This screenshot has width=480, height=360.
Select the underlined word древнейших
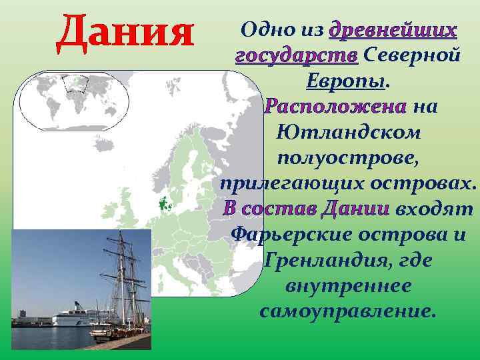pos(394,30)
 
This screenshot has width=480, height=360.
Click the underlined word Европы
pos(346,81)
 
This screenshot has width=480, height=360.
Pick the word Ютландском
pos(347,132)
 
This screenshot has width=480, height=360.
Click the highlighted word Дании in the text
pos(355,209)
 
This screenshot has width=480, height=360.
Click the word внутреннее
pos(347,286)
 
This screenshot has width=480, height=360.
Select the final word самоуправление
pos(348,311)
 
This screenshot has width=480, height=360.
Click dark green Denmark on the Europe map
pos(163,204)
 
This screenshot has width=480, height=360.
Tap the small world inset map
pos(73,99)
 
